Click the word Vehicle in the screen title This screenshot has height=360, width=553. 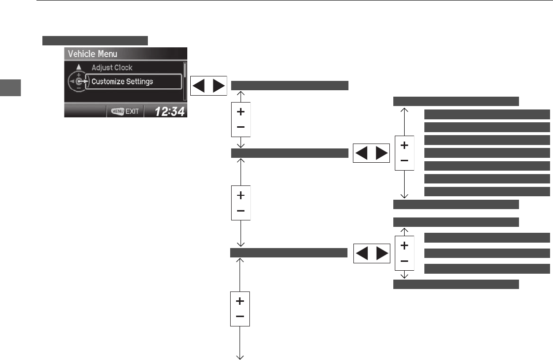(81, 54)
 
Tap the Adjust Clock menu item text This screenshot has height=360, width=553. (112, 68)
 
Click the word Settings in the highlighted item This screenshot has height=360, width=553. (138, 81)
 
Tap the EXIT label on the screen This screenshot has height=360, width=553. (132, 111)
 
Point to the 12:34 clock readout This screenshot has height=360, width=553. (170, 111)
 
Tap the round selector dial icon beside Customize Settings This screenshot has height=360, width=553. (78, 81)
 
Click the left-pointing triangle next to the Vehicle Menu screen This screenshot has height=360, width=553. (199, 85)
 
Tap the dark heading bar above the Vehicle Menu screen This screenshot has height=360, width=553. (95, 40)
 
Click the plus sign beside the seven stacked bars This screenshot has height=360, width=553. (404, 146)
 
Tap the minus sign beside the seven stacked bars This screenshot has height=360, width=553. (404, 161)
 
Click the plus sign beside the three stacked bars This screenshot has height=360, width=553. (404, 245)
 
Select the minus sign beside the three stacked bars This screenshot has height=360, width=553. (404, 260)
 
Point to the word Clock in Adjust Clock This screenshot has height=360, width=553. (123, 68)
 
